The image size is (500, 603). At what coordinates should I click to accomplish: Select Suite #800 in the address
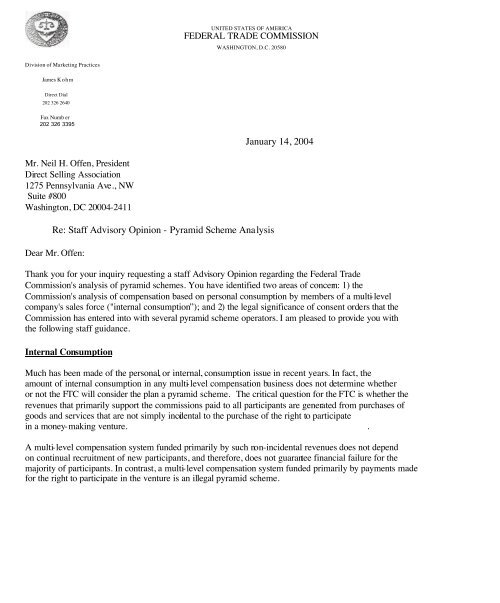50,210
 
